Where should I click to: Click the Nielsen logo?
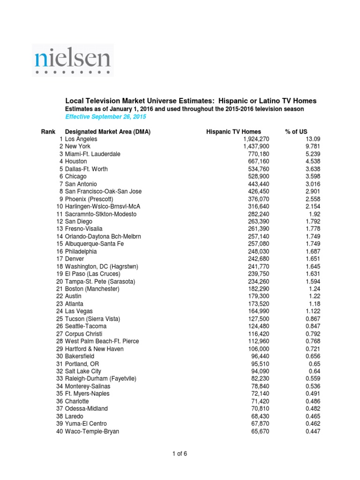(73, 60)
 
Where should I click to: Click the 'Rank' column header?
(48, 132)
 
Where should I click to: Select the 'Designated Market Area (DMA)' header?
(108, 132)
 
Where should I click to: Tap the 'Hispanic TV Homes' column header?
(233, 132)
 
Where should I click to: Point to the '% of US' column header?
(296, 132)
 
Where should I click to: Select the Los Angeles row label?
(81, 139)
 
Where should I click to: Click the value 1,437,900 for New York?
(256, 147)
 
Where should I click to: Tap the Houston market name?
(76, 162)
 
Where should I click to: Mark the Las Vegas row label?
(79, 311)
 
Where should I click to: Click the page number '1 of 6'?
(180, 453)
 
